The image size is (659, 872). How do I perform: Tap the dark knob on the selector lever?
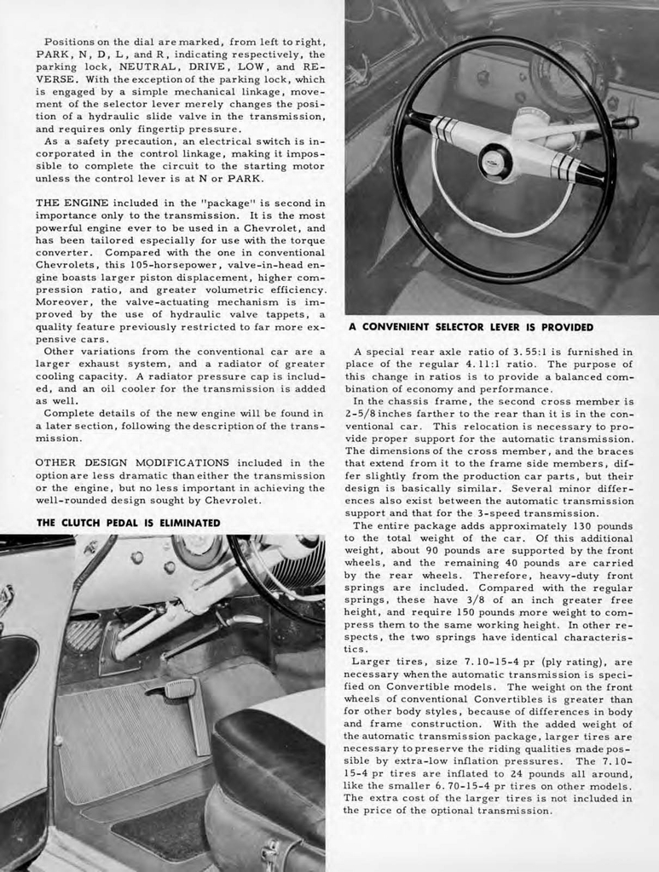point(629,123)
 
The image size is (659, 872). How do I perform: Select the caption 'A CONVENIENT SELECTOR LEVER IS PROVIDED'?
point(471,327)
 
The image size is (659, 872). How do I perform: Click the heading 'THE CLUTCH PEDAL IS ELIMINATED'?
point(128,522)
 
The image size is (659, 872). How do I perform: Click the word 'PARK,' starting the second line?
point(55,54)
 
